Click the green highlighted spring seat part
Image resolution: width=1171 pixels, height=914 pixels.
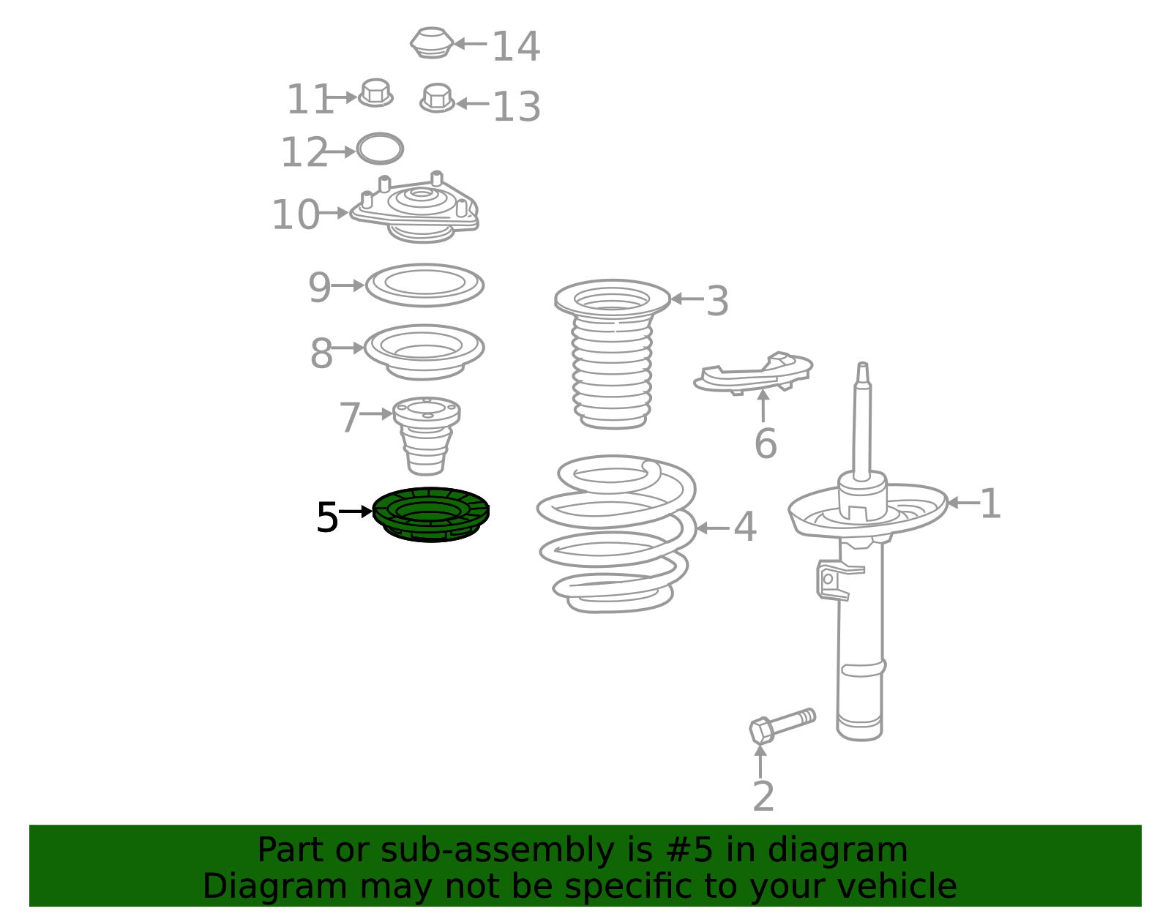point(430,514)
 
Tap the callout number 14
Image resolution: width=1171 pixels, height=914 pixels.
point(516,46)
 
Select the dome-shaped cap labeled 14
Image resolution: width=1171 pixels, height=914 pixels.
point(432,42)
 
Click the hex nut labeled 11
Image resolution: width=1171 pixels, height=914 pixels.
point(375,93)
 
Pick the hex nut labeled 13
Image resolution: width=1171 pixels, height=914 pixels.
point(437,98)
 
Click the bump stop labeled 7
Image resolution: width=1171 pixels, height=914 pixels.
point(426,436)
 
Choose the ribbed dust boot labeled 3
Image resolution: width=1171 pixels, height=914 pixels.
point(612,354)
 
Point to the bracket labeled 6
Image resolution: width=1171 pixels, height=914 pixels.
point(753,372)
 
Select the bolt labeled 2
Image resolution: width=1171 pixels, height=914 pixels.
point(782,725)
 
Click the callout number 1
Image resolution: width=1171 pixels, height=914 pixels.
point(990,503)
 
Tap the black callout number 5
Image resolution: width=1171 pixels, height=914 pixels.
point(327,517)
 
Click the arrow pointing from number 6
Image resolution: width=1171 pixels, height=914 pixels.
point(763,405)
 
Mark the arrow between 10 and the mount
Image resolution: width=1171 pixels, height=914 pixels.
point(334,213)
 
